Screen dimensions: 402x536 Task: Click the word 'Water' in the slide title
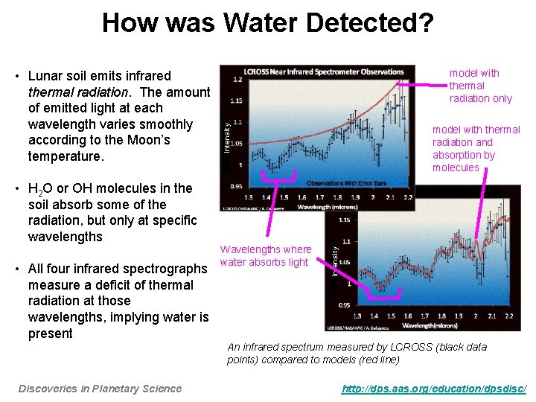(x=253, y=23)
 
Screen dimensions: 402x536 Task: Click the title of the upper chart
(x=317, y=71)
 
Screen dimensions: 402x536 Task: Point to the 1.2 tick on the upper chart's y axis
(x=237, y=79)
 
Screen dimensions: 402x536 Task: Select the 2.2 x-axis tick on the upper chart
(x=409, y=197)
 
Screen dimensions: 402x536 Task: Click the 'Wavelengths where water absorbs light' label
(x=265, y=255)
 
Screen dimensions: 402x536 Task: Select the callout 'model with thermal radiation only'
(x=480, y=86)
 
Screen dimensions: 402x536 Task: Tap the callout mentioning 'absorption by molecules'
(x=476, y=148)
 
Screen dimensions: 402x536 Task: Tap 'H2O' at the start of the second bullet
(x=39, y=189)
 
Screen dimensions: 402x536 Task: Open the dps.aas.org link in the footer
(x=434, y=388)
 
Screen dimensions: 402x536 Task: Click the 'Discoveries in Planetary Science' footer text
(x=100, y=388)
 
